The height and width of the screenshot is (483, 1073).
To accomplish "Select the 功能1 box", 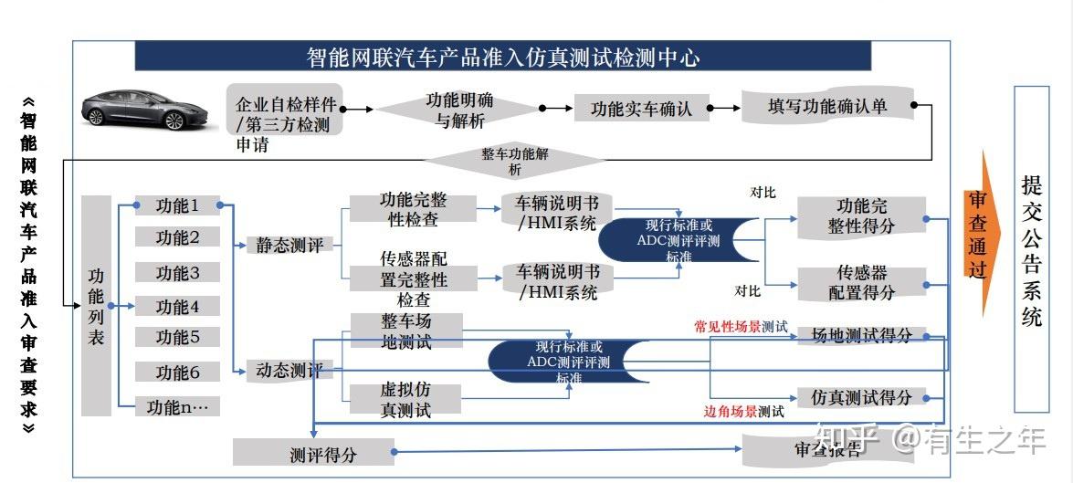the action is point(177,205).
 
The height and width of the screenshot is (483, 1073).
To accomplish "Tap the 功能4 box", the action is point(177,306).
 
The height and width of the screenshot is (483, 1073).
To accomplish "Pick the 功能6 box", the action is point(177,373).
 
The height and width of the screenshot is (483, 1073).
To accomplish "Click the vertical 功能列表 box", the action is point(96,306).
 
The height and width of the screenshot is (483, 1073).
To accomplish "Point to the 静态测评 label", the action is point(289,245).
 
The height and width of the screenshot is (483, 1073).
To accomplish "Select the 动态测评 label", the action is point(289,371).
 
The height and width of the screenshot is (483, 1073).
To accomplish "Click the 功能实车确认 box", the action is point(641,108).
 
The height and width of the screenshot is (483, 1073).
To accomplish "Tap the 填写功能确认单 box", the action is point(827,106).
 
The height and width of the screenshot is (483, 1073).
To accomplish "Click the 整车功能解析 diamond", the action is point(515,162).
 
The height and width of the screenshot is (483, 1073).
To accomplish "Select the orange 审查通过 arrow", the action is point(982,234).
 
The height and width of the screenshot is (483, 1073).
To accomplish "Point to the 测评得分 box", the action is point(323,454).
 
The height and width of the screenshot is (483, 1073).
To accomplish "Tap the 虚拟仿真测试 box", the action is point(405,400).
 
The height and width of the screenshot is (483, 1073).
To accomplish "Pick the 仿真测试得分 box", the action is point(861,397).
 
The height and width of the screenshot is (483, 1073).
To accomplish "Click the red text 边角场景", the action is point(731,412).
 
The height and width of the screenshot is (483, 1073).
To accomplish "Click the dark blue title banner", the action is point(503,56).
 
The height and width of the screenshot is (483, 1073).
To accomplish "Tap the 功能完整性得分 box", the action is point(861,216).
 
